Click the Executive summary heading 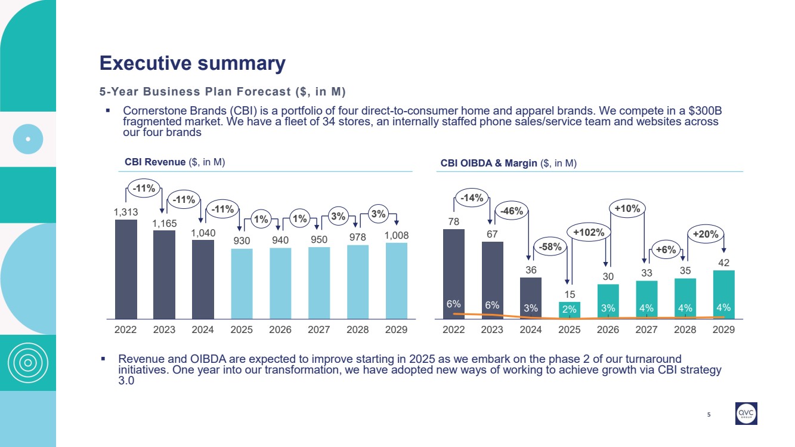[x=192, y=63]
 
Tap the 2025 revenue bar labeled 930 [x=242, y=283]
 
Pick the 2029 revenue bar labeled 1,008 [x=397, y=280]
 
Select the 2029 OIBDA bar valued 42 [x=724, y=292]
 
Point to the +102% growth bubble [x=589, y=232]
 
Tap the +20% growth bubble [x=706, y=234]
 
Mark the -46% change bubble [x=511, y=211]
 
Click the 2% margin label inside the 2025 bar [x=570, y=309]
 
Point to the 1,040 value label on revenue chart [x=203, y=233]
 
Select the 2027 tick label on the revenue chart [x=319, y=329]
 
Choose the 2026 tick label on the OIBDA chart [x=608, y=329]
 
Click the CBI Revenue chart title [x=174, y=162]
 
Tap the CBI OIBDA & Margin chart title [x=508, y=162]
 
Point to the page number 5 [x=709, y=414]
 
